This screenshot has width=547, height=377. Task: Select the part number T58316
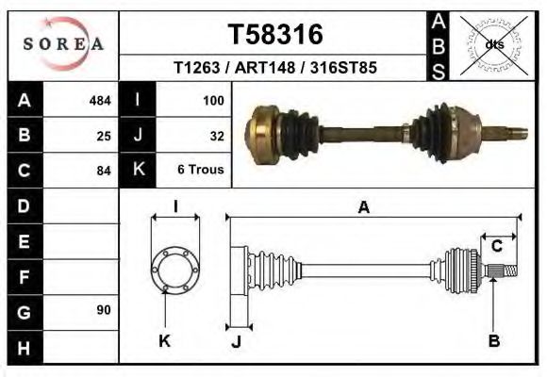tap(275, 35)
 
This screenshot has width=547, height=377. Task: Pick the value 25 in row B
tap(104, 136)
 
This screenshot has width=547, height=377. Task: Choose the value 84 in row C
tap(104, 171)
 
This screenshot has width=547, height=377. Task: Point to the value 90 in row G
tap(103, 310)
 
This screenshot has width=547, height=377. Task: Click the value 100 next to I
tap(212, 100)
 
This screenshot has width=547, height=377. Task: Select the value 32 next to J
tap(216, 136)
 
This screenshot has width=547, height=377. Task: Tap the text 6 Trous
tap(200, 171)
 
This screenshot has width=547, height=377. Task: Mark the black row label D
tap(24, 205)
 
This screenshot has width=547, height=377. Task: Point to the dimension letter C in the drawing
tap(496, 247)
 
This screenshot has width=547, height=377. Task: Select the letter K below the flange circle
tap(164, 340)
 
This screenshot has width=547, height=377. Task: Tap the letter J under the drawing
tap(236, 340)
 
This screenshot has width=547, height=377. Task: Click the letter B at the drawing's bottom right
tap(493, 340)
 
